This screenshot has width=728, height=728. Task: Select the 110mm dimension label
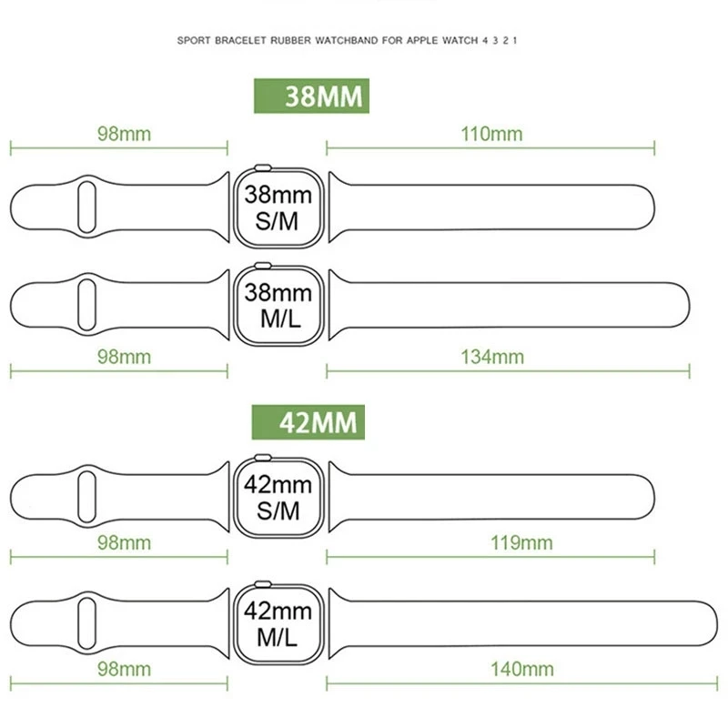point(491,134)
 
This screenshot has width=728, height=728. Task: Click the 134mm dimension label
point(491,357)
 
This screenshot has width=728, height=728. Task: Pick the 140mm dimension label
point(521,670)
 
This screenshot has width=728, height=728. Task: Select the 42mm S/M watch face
point(278,497)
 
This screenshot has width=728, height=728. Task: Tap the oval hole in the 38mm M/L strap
point(86,304)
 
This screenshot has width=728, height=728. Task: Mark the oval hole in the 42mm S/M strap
point(86,496)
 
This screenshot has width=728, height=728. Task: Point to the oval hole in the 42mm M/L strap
point(86,622)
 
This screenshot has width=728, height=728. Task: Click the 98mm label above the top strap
point(124,134)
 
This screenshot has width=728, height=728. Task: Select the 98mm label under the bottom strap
point(124,670)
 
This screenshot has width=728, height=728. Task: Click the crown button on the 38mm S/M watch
point(262,167)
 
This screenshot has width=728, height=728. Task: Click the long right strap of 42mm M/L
point(519,624)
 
